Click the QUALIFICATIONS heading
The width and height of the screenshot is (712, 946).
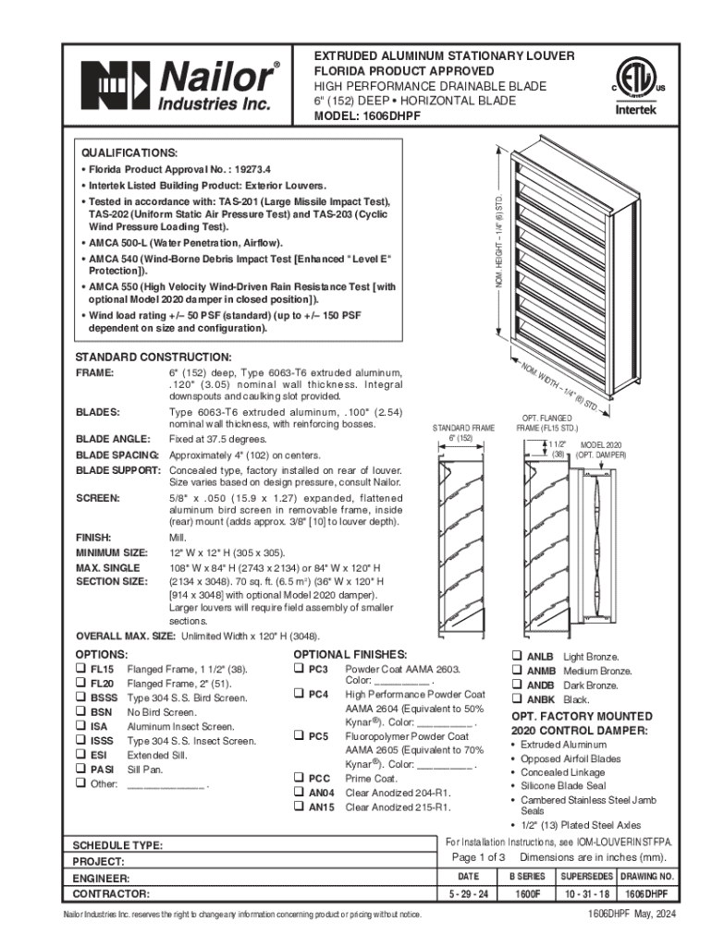tap(129, 152)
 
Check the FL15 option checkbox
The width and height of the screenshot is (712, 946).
tap(80, 668)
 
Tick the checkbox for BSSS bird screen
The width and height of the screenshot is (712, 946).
tap(80, 697)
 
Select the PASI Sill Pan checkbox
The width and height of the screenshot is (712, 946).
tap(80, 769)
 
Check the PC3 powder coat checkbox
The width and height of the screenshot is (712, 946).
tap(298, 668)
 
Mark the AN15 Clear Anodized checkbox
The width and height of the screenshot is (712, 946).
tap(298, 807)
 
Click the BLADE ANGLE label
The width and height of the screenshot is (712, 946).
tap(112, 439)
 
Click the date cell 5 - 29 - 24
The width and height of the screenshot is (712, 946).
tap(469, 894)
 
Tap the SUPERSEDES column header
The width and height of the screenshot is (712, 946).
tap(584, 876)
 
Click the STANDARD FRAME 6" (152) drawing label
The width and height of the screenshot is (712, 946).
tap(464, 432)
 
